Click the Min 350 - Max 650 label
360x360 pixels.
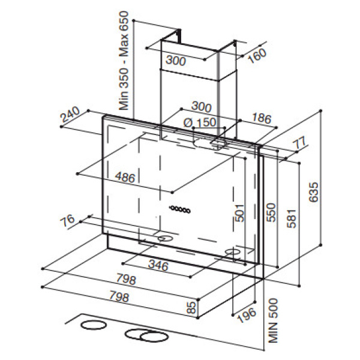(x=124, y=61)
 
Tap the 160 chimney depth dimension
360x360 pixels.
(x=257, y=56)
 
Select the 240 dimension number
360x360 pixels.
(x=70, y=115)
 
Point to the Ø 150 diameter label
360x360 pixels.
(x=200, y=123)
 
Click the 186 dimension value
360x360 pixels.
(x=262, y=118)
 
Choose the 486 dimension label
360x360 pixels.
(x=125, y=177)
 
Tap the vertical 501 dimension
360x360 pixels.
(x=239, y=213)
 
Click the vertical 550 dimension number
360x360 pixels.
(x=271, y=212)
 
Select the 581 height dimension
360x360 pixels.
(x=292, y=218)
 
